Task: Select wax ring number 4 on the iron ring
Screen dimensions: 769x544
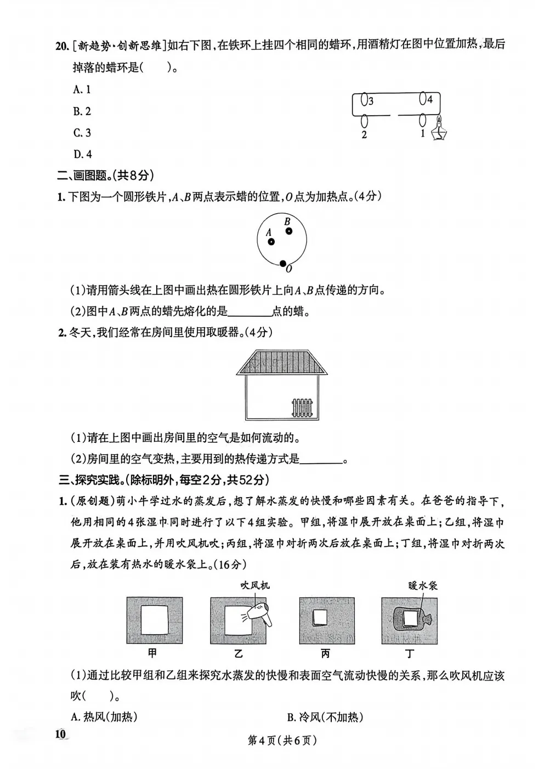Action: point(423,99)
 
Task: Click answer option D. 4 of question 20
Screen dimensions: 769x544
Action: point(82,154)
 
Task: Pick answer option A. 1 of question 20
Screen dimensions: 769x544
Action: point(82,89)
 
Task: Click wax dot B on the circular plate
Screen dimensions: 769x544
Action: point(288,231)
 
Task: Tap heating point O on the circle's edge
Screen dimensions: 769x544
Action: point(283,264)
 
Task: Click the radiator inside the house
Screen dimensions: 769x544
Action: point(301,407)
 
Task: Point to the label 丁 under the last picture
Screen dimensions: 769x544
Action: point(410,652)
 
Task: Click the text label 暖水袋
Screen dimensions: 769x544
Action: point(422,585)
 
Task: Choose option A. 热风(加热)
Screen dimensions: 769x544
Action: point(104,716)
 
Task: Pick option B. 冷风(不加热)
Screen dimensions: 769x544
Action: point(325,716)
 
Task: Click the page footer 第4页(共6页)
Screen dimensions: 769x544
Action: point(282,740)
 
